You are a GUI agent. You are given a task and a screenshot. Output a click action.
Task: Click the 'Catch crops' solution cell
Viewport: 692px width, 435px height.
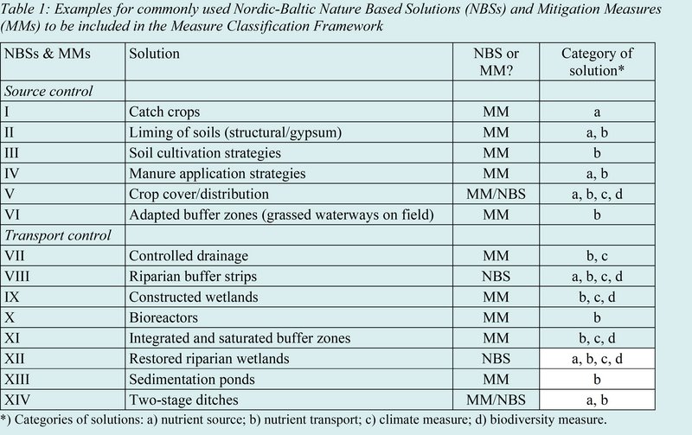point(164,112)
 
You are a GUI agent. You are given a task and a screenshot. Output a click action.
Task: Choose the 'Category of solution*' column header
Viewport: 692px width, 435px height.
point(592,61)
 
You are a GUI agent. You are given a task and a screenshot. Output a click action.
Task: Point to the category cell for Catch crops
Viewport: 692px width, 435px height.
point(592,112)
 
